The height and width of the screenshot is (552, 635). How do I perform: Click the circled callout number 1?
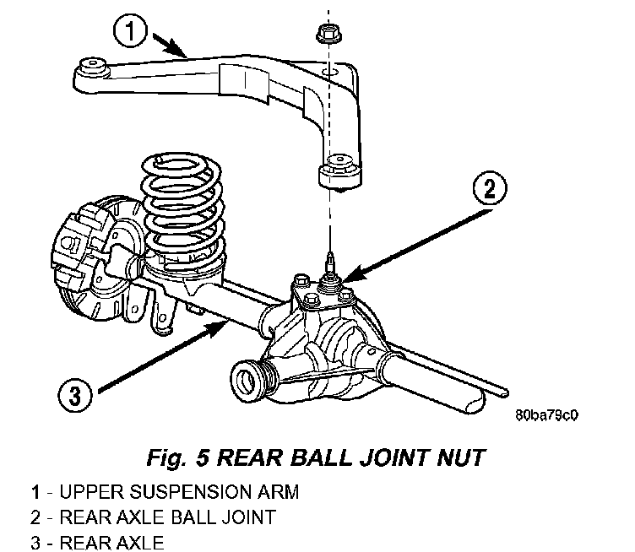130,31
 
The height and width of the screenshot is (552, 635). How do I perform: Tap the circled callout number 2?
490,188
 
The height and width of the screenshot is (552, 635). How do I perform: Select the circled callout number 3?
75,395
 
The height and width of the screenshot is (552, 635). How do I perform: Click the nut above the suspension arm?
328,34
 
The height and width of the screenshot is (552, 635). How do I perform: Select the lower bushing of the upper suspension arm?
339,172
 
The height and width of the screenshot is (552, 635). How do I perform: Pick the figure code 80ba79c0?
546,415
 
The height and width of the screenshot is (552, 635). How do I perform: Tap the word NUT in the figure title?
460,457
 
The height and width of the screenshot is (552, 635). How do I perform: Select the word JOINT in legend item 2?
249,517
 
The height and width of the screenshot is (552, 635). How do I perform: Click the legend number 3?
35,543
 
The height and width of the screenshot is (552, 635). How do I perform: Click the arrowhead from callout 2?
351,275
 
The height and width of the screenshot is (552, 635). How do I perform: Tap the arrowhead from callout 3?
219,325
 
